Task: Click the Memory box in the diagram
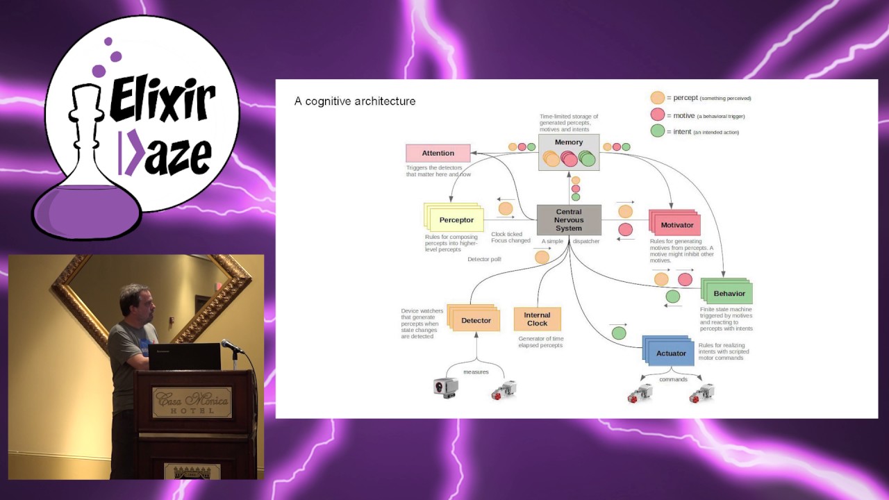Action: coord(569,152)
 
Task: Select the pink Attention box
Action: coord(438,153)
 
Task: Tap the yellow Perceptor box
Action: coord(456,220)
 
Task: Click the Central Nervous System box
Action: coord(569,220)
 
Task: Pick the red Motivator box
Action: coord(676,225)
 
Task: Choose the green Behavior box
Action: coord(729,294)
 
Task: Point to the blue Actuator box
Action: coord(670,353)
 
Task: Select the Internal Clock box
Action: coord(537,319)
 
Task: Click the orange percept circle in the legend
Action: coord(657,98)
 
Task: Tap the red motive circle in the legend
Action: coord(657,115)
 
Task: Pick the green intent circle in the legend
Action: coord(657,131)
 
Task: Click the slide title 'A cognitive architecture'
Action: coord(355,101)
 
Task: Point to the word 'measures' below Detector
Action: coord(476,372)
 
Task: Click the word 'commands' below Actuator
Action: coord(673,379)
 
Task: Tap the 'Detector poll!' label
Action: coord(484,259)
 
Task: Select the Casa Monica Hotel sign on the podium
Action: coord(192,402)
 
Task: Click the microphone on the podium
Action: coord(230,345)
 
